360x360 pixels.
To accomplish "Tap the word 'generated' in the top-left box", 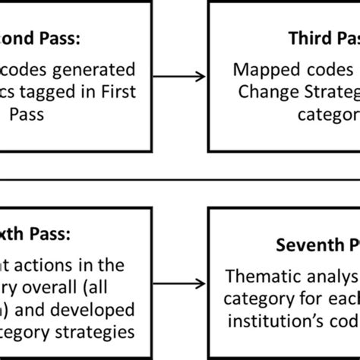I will [x=98, y=71].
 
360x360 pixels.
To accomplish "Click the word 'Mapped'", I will [x=263, y=71].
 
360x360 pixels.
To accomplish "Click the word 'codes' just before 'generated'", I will [x=30, y=71].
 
